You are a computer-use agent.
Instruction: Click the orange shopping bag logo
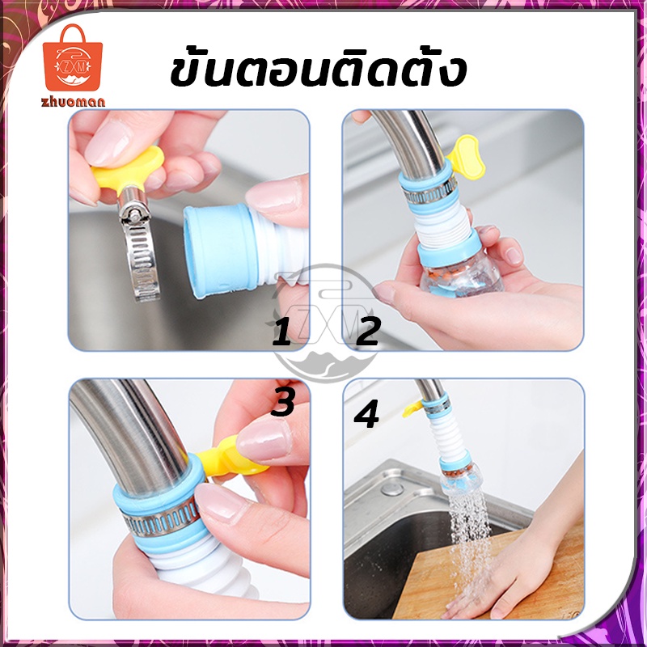point(73,58)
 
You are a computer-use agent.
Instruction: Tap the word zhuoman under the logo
point(73,102)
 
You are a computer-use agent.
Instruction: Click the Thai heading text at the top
point(318,70)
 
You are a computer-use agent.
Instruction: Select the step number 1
point(281,333)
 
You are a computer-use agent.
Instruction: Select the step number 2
point(367,332)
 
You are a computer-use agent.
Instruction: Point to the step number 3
point(282,401)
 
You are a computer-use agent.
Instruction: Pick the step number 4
point(366,415)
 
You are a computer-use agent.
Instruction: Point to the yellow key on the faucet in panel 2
point(467,158)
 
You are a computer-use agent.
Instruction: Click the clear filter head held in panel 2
point(461,274)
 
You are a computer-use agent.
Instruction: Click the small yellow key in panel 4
point(412,408)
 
